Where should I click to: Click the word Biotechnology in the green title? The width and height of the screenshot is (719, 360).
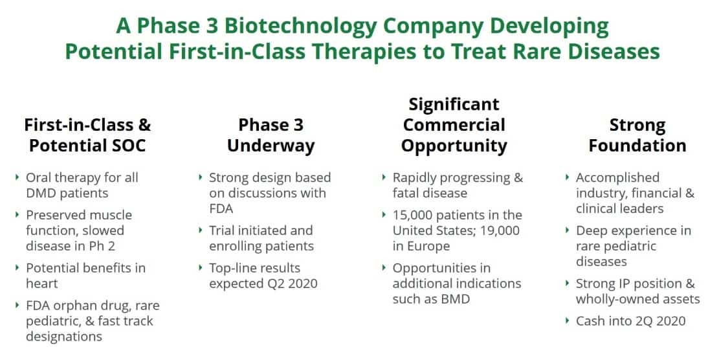coord(300,27)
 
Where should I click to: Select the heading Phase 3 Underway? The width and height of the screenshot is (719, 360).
coord(271,135)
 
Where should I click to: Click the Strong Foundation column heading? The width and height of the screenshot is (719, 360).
coord(637,135)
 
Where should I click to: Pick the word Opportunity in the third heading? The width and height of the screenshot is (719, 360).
coord(454,146)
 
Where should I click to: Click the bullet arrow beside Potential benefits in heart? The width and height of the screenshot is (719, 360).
coord(17,267)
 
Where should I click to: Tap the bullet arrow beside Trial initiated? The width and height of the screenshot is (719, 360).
coord(201,230)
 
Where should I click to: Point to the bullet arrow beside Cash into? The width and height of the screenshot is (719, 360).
coord(568,321)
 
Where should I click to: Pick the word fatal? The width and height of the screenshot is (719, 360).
coord(404,193)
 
